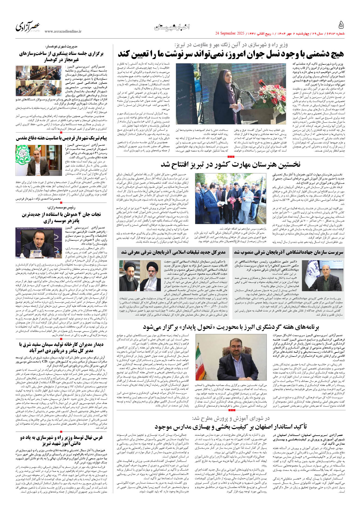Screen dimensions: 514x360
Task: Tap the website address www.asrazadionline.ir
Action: [63, 32]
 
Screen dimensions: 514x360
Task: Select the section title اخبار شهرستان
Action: [172, 27]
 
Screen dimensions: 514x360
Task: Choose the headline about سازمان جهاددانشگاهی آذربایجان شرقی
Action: [288, 252]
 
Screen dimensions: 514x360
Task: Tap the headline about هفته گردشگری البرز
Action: [231, 327]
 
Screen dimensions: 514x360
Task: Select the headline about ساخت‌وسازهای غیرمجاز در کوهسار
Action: [61, 57]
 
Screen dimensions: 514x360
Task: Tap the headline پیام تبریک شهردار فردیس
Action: [61, 138]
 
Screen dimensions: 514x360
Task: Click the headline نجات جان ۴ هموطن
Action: [61, 217]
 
